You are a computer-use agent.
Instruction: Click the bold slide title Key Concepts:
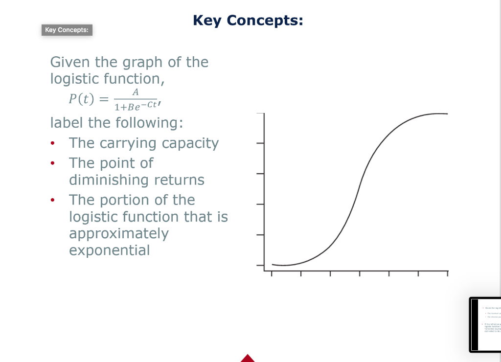(x=248, y=21)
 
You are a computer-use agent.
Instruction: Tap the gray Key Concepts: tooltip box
(x=67, y=30)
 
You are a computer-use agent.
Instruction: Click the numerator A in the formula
(x=136, y=92)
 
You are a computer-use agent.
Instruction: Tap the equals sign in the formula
(x=102, y=99)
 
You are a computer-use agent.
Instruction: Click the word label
(x=67, y=122)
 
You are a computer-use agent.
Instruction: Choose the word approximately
(x=118, y=233)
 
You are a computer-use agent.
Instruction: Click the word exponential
(x=109, y=250)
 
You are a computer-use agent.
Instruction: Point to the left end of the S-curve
(x=273, y=264)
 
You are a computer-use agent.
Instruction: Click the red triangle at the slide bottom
(x=248, y=358)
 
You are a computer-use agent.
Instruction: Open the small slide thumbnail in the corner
(x=485, y=324)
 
